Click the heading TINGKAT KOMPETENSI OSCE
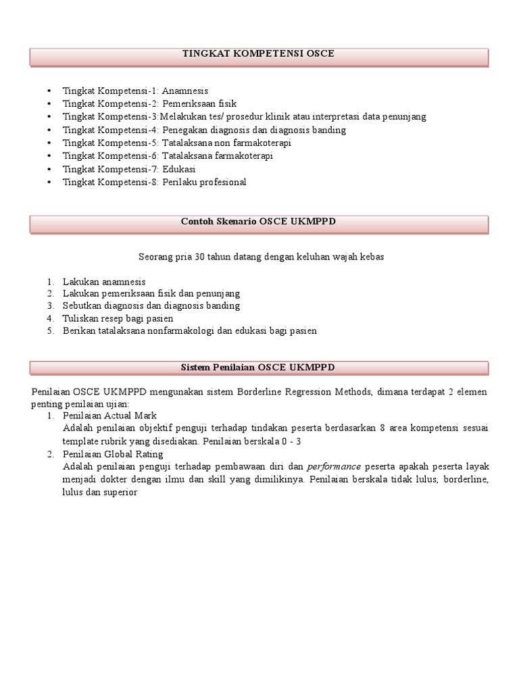[x=259, y=53]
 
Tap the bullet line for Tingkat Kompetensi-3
[x=244, y=117]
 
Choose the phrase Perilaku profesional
[x=204, y=182]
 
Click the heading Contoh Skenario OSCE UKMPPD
[x=259, y=221]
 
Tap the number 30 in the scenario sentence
[x=189, y=257]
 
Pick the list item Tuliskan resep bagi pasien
[x=118, y=318]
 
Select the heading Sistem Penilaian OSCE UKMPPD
[x=259, y=367]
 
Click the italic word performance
[x=334, y=467]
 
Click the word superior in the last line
[x=120, y=492]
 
